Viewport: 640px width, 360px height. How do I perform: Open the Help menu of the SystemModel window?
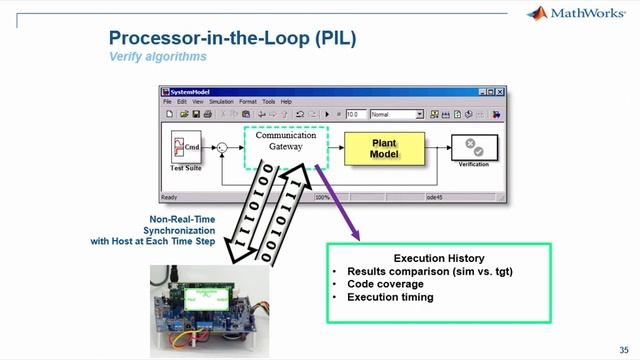point(286,101)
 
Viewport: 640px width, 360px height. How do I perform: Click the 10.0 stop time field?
point(353,114)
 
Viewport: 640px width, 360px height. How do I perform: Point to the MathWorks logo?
point(575,13)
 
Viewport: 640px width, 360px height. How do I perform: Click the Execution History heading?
point(440,258)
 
